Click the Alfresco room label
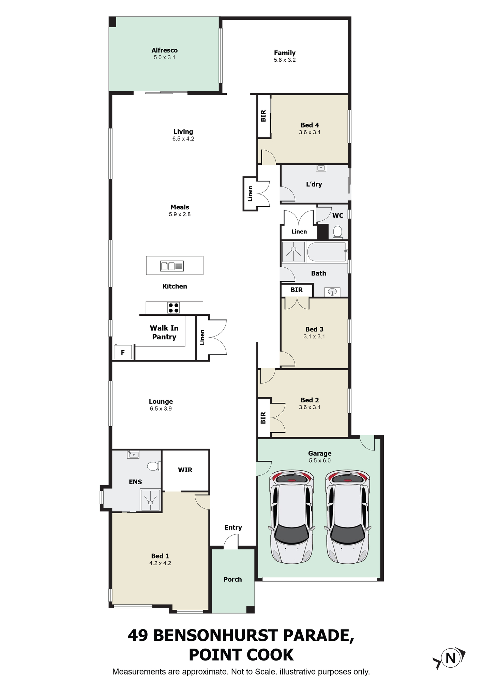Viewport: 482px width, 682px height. (164, 50)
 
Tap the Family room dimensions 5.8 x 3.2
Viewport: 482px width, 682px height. (285, 60)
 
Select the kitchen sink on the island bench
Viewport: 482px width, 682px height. (172, 266)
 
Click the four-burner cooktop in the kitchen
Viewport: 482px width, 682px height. (174, 308)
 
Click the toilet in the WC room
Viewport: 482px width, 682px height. (337, 232)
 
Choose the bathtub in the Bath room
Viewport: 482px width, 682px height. (327, 252)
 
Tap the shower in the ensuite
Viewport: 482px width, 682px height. (150, 500)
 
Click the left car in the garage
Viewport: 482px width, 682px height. (292, 517)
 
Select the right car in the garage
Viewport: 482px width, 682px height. (348, 517)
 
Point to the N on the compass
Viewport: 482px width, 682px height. (451, 658)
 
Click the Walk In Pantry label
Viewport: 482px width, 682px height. (164, 332)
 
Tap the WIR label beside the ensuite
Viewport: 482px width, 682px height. (185, 470)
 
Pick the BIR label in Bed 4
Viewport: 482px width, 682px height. (263, 116)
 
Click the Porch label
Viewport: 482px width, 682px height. (233, 579)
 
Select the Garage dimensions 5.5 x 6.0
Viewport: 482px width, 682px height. (320, 461)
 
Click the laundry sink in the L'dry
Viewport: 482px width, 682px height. (321, 168)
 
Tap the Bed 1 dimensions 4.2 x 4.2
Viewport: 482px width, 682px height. (160, 563)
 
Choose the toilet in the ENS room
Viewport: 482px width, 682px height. (153, 466)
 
